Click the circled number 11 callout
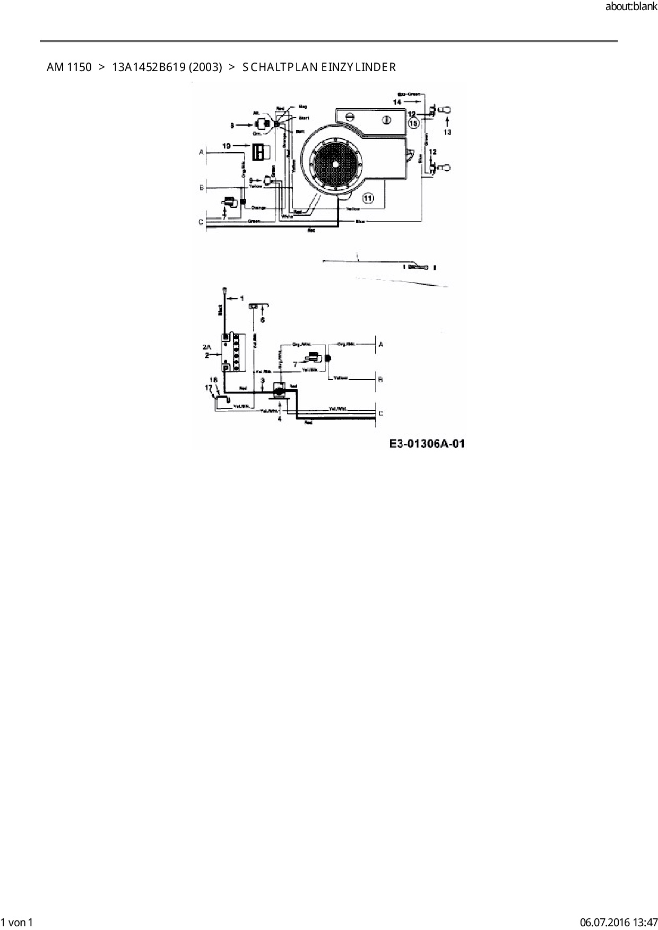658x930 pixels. [x=368, y=198]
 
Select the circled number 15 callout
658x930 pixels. [x=414, y=122]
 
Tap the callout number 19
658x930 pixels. [x=227, y=146]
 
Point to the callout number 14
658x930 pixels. [x=397, y=101]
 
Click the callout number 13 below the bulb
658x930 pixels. [x=447, y=132]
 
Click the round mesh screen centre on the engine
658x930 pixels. [x=335, y=164]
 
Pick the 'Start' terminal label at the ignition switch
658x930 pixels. [x=304, y=118]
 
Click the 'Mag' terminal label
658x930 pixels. [x=302, y=107]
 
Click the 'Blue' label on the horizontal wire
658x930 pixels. [x=360, y=221]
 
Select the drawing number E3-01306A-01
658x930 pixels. [x=427, y=443]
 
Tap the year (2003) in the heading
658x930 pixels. [x=205, y=67]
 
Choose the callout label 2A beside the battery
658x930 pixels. [x=206, y=347]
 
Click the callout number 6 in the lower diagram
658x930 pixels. [x=262, y=320]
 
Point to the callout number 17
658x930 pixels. [x=208, y=388]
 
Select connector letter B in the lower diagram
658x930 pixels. [x=380, y=380]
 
